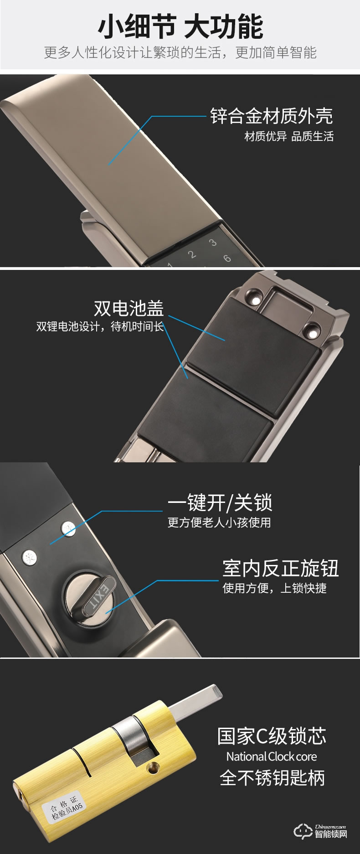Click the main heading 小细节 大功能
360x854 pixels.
180,26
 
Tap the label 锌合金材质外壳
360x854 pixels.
271,116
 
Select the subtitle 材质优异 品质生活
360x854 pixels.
289,136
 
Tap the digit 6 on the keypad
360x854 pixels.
226,258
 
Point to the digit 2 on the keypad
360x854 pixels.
192,254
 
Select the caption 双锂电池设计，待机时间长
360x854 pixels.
100,327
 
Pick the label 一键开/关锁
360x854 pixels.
220,503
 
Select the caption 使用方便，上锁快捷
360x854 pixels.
274,588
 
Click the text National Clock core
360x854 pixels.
271,756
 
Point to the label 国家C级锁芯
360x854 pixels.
272,735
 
